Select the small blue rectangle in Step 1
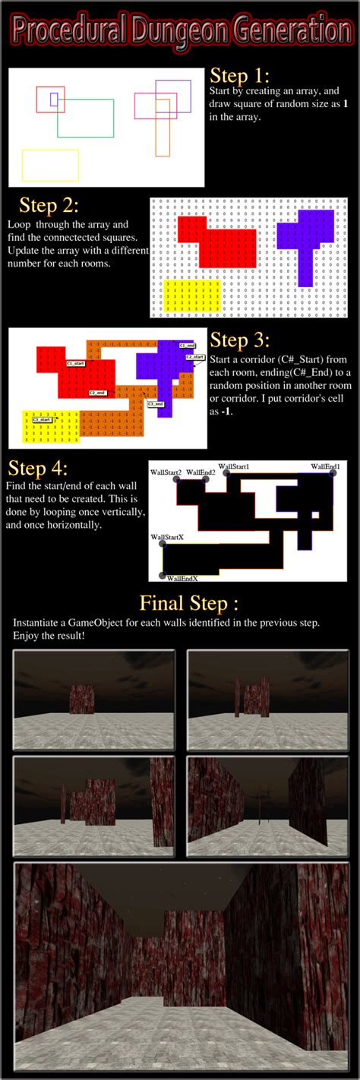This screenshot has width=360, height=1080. [54, 99]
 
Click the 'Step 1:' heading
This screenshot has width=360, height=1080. [239, 76]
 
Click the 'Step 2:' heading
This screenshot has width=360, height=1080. [49, 206]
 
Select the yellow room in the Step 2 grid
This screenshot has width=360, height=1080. [192, 295]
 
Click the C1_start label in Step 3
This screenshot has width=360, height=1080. [76, 364]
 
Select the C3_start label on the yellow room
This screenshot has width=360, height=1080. [43, 419]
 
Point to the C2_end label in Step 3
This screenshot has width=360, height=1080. [98, 393]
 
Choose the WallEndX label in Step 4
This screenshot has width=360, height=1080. [183, 577]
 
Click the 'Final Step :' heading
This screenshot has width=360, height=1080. [188, 604]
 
